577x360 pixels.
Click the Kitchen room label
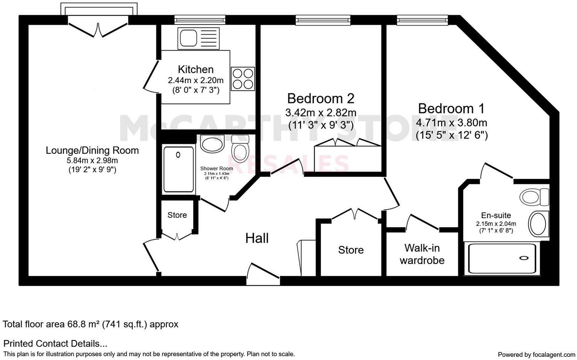coord(195,70)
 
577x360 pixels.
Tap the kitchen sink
coord(198,38)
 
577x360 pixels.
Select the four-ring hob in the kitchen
coord(243,78)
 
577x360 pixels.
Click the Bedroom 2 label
coord(320,99)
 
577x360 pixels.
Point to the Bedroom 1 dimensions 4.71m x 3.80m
coord(451,123)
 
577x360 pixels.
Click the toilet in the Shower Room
coord(240,148)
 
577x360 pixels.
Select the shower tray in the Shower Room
coord(178,169)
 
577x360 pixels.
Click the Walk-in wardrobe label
coord(422,254)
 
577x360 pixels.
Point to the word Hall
coord(257,238)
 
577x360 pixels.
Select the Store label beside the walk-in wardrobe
coord(351,250)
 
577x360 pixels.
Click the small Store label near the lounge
coord(177,215)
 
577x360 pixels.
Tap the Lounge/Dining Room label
coord(92,150)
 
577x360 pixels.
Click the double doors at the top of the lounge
coord(98,29)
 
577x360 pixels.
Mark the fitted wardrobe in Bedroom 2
coord(348,158)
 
